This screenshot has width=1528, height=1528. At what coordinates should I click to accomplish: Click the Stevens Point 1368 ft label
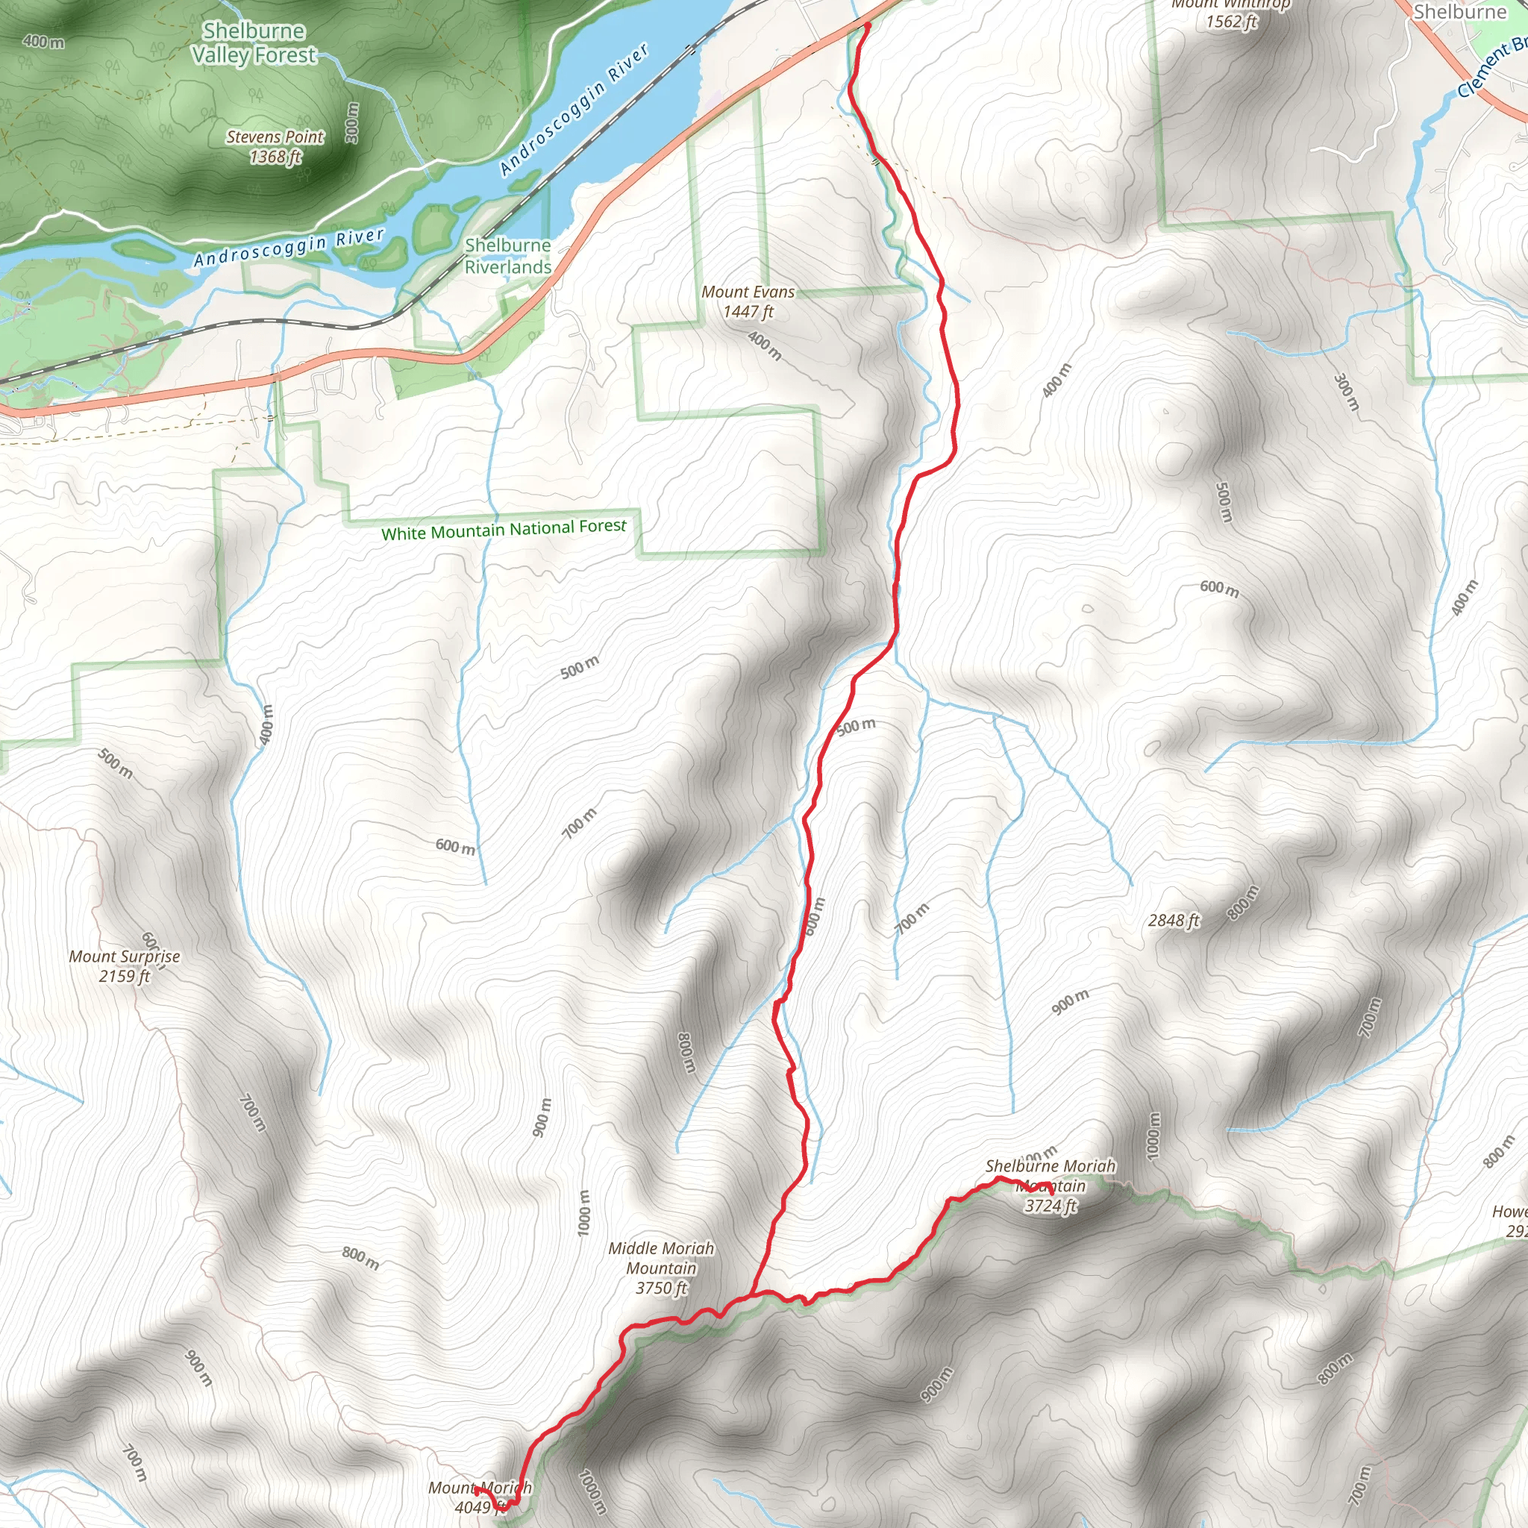(x=275, y=147)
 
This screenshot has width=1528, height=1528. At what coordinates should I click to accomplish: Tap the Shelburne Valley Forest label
(x=254, y=43)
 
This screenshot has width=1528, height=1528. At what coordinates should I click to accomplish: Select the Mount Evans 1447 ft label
(x=748, y=301)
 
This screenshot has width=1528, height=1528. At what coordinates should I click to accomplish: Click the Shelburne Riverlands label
(x=508, y=256)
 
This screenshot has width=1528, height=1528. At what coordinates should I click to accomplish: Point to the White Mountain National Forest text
(x=503, y=529)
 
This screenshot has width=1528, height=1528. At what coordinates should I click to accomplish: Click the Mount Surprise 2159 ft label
(x=124, y=965)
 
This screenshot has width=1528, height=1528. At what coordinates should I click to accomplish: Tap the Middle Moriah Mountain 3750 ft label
(x=661, y=1268)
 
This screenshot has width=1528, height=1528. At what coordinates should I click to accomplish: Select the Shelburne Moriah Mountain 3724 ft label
(x=1050, y=1186)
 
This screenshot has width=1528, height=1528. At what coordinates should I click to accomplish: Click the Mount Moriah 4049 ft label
(x=479, y=1497)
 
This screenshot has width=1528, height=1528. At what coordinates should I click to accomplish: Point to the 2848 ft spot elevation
(x=1174, y=921)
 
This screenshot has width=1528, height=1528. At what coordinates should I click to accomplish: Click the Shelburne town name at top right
(x=1460, y=12)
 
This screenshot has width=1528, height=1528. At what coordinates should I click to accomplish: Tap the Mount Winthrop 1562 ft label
(x=1230, y=13)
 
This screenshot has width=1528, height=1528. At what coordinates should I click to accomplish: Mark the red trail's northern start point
(x=868, y=26)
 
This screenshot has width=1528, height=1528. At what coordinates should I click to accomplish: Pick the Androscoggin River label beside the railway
(x=574, y=109)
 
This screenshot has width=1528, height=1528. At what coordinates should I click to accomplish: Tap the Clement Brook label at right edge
(x=1491, y=69)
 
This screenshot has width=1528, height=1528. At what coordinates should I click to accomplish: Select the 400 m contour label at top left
(x=43, y=42)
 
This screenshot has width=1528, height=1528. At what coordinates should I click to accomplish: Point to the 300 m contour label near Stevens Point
(x=353, y=122)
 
